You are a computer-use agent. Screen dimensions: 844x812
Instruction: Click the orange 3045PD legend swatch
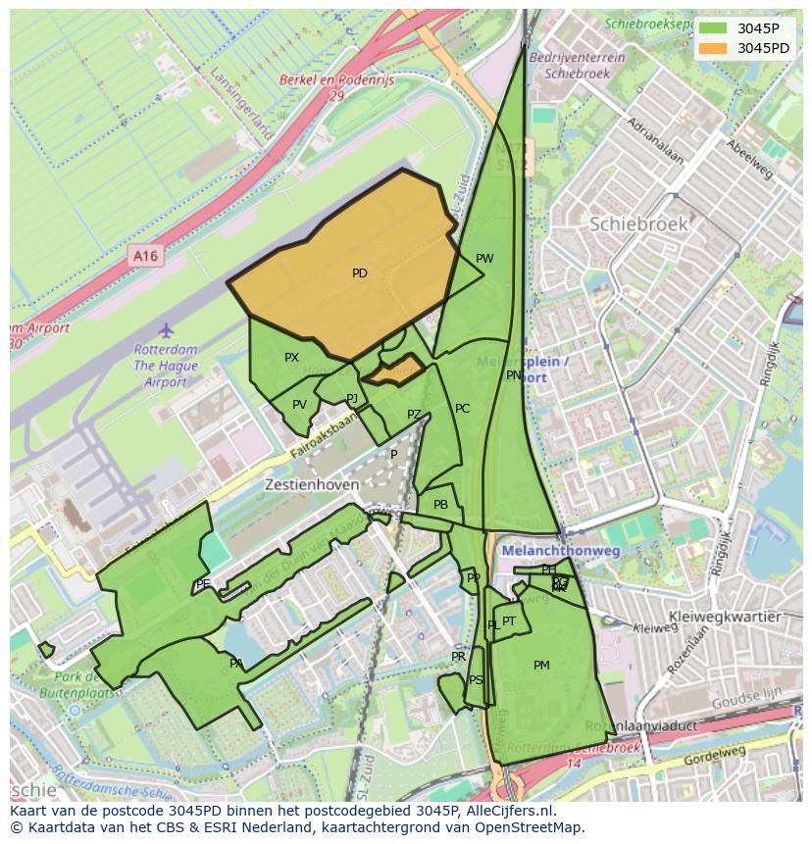(x=714, y=48)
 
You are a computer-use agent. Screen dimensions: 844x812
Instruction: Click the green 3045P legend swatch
(x=714, y=28)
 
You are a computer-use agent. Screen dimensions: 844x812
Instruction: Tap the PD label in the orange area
(x=360, y=273)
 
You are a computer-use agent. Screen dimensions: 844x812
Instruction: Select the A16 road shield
(x=145, y=256)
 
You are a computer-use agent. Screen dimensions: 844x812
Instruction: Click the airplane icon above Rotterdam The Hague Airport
(x=166, y=330)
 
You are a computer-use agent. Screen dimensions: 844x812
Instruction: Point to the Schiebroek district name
(x=638, y=224)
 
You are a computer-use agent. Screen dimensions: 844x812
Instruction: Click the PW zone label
(x=484, y=259)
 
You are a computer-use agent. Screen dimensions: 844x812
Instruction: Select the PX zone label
(x=291, y=358)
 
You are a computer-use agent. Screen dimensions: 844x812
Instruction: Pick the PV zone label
(x=299, y=405)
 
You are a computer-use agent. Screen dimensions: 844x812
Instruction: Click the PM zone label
(x=541, y=666)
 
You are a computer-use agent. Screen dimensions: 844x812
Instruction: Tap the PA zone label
(x=236, y=664)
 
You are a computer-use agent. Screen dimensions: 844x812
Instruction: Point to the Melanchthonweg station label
(x=561, y=552)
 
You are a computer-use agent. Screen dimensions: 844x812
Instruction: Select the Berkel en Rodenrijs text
(x=336, y=80)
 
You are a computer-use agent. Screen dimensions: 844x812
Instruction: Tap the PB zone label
(x=440, y=505)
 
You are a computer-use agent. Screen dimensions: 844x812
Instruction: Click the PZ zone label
(x=414, y=415)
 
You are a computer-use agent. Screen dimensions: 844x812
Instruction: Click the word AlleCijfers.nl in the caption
(x=509, y=811)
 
